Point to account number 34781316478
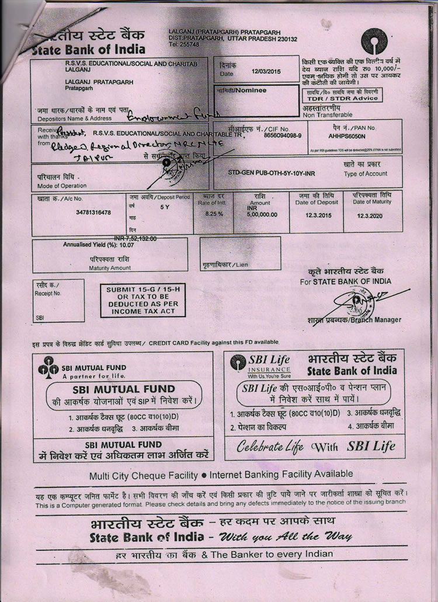(x=93, y=213)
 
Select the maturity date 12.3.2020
(x=373, y=214)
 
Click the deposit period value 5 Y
(x=165, y=207)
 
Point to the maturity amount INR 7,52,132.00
(x=139, y=238)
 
